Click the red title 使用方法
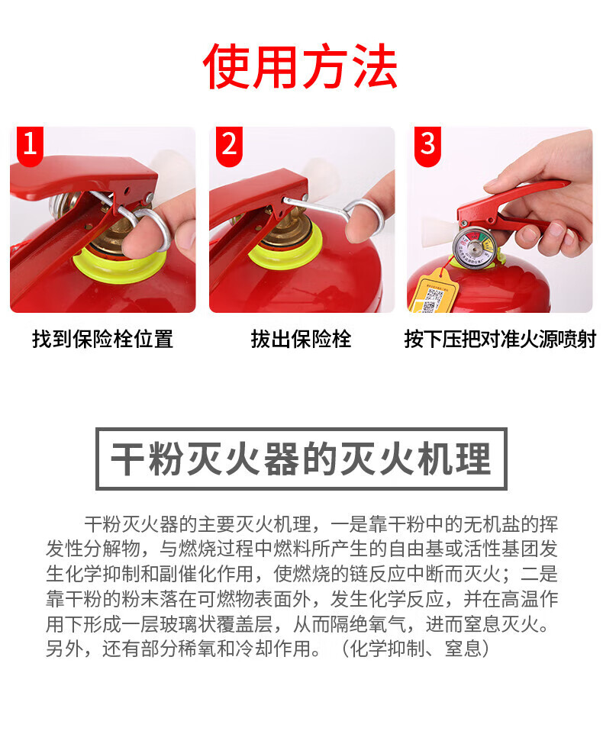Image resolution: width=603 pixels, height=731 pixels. tap(300, 66)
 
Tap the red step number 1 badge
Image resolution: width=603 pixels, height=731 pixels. tap(30, 145)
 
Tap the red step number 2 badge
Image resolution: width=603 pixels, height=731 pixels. tap(229, 145)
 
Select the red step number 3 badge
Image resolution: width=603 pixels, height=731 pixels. tap(427, 145)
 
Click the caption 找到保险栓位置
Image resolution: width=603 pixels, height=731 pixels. tap(102, 339)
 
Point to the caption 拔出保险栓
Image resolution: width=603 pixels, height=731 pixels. tap(301, 339)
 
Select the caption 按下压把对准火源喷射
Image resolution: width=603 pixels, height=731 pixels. tap(500, 339)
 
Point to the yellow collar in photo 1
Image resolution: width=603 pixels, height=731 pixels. tap(120, 266)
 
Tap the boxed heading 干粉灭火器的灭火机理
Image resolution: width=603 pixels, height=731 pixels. tap(301, 459)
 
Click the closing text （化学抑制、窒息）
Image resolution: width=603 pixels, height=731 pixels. tap(415, 649)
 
